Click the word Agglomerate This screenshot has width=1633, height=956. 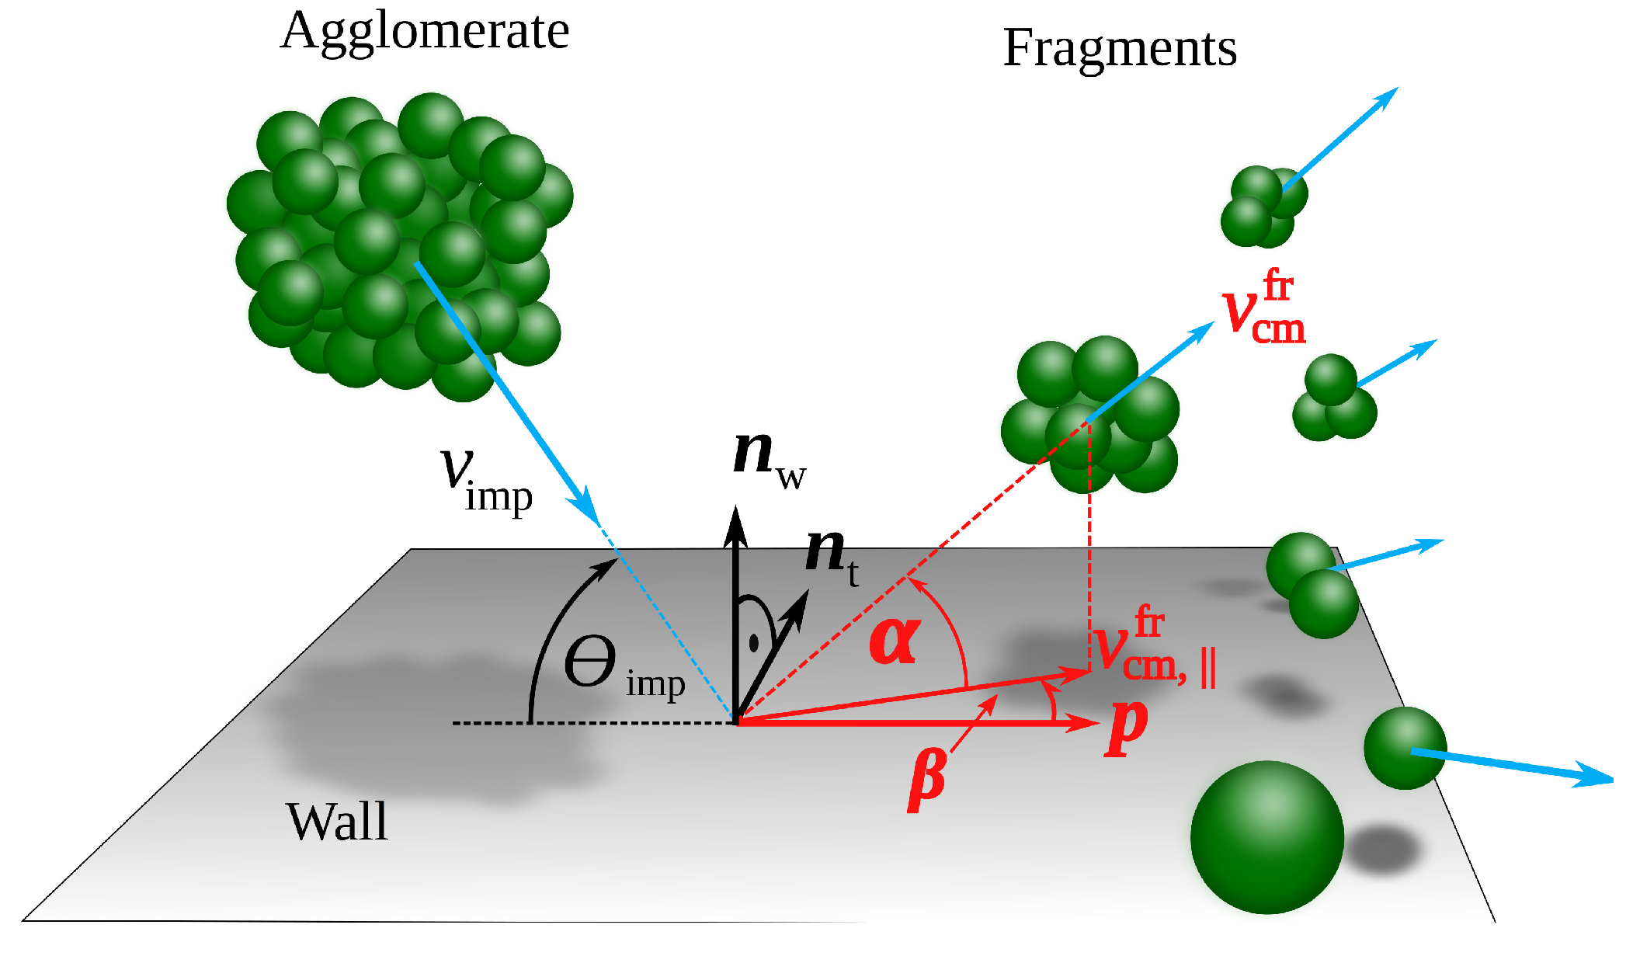click(425, 33)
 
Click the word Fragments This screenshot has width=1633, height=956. click(1119, 48)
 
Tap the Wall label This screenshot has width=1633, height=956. click(336, 822)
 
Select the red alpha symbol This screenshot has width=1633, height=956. click(895, 641)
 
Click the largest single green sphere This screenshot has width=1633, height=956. click(1266, 837)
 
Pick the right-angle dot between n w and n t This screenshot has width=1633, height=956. click(753, 643)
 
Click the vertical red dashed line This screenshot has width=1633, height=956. click(1089, 544)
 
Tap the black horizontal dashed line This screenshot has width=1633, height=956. click(590, 723)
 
